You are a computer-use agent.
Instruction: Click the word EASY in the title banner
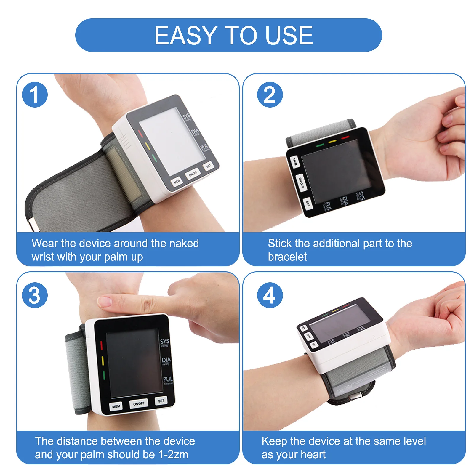click(x=185, y=36)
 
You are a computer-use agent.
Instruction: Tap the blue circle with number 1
click(x=35, y=95)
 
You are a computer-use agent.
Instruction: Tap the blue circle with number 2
click(x=270, y=95)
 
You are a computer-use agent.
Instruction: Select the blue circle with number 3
click(x=35, y=295)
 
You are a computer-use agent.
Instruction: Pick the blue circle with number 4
click(x=270, y=295)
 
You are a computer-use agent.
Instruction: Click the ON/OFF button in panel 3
click(x=139, y=404)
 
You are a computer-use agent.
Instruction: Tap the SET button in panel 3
click(x=161, y=401)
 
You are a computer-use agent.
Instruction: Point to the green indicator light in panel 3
click(x=104, y=375)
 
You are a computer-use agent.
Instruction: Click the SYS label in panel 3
click(x=165, y=341)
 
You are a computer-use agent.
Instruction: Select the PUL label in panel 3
click(x=168, y=379)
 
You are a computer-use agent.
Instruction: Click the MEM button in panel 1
click(x=177, y=181)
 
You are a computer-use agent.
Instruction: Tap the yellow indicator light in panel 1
click(x=147, y=146)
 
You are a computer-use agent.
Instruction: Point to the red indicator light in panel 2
click(x=345, y=138)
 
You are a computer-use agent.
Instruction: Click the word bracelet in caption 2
click(x=287, y=257)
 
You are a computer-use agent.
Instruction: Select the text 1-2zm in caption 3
click(x=173, y=454)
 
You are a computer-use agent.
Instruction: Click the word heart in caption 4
click(x=313, y=454)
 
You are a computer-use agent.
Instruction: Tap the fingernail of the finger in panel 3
click(x=105, y=302)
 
